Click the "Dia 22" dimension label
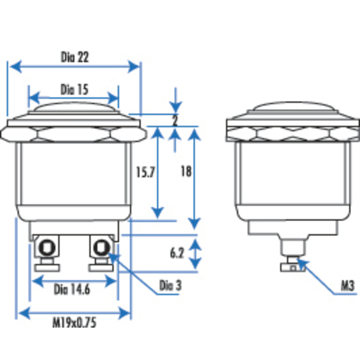[x=75, y=57]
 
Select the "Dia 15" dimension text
[x=74, y=89]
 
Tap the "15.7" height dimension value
[x=146, y=172]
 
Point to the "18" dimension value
[x=186, y=171]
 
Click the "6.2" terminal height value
[x=177, y=253]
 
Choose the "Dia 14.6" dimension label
[x=72, y=289]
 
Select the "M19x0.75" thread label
[x=74, y=322]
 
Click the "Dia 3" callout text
[x=170, y=285]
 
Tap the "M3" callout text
[x=348, y=286]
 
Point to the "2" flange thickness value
[x=175, y=120]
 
